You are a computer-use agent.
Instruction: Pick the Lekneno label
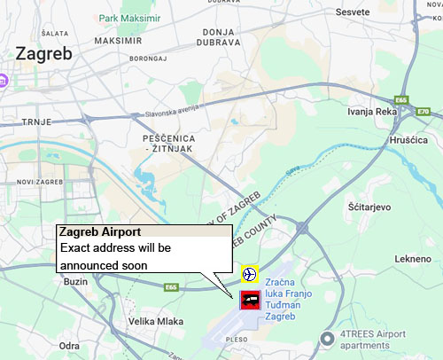click(411, 258)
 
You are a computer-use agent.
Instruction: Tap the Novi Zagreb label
click(36, 181)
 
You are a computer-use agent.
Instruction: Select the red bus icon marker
click(249, 300)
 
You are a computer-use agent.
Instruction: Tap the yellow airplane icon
click(249, 273)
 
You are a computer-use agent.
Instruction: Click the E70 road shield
click(424, 112)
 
